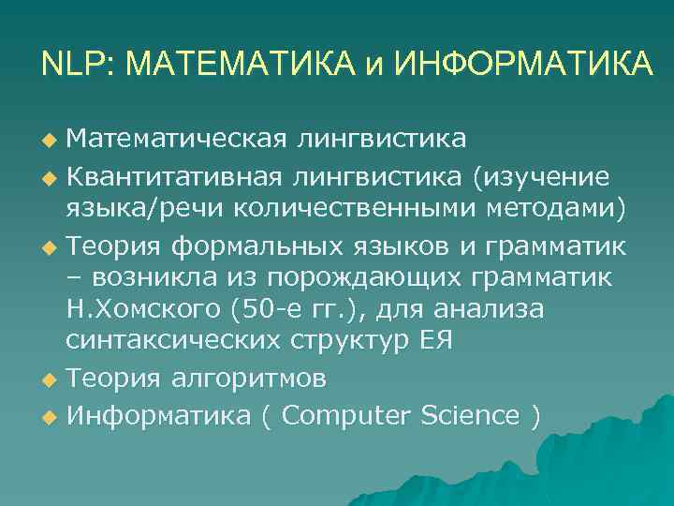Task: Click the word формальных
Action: tap(247, 246)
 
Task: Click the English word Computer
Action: tap(345, 415)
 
